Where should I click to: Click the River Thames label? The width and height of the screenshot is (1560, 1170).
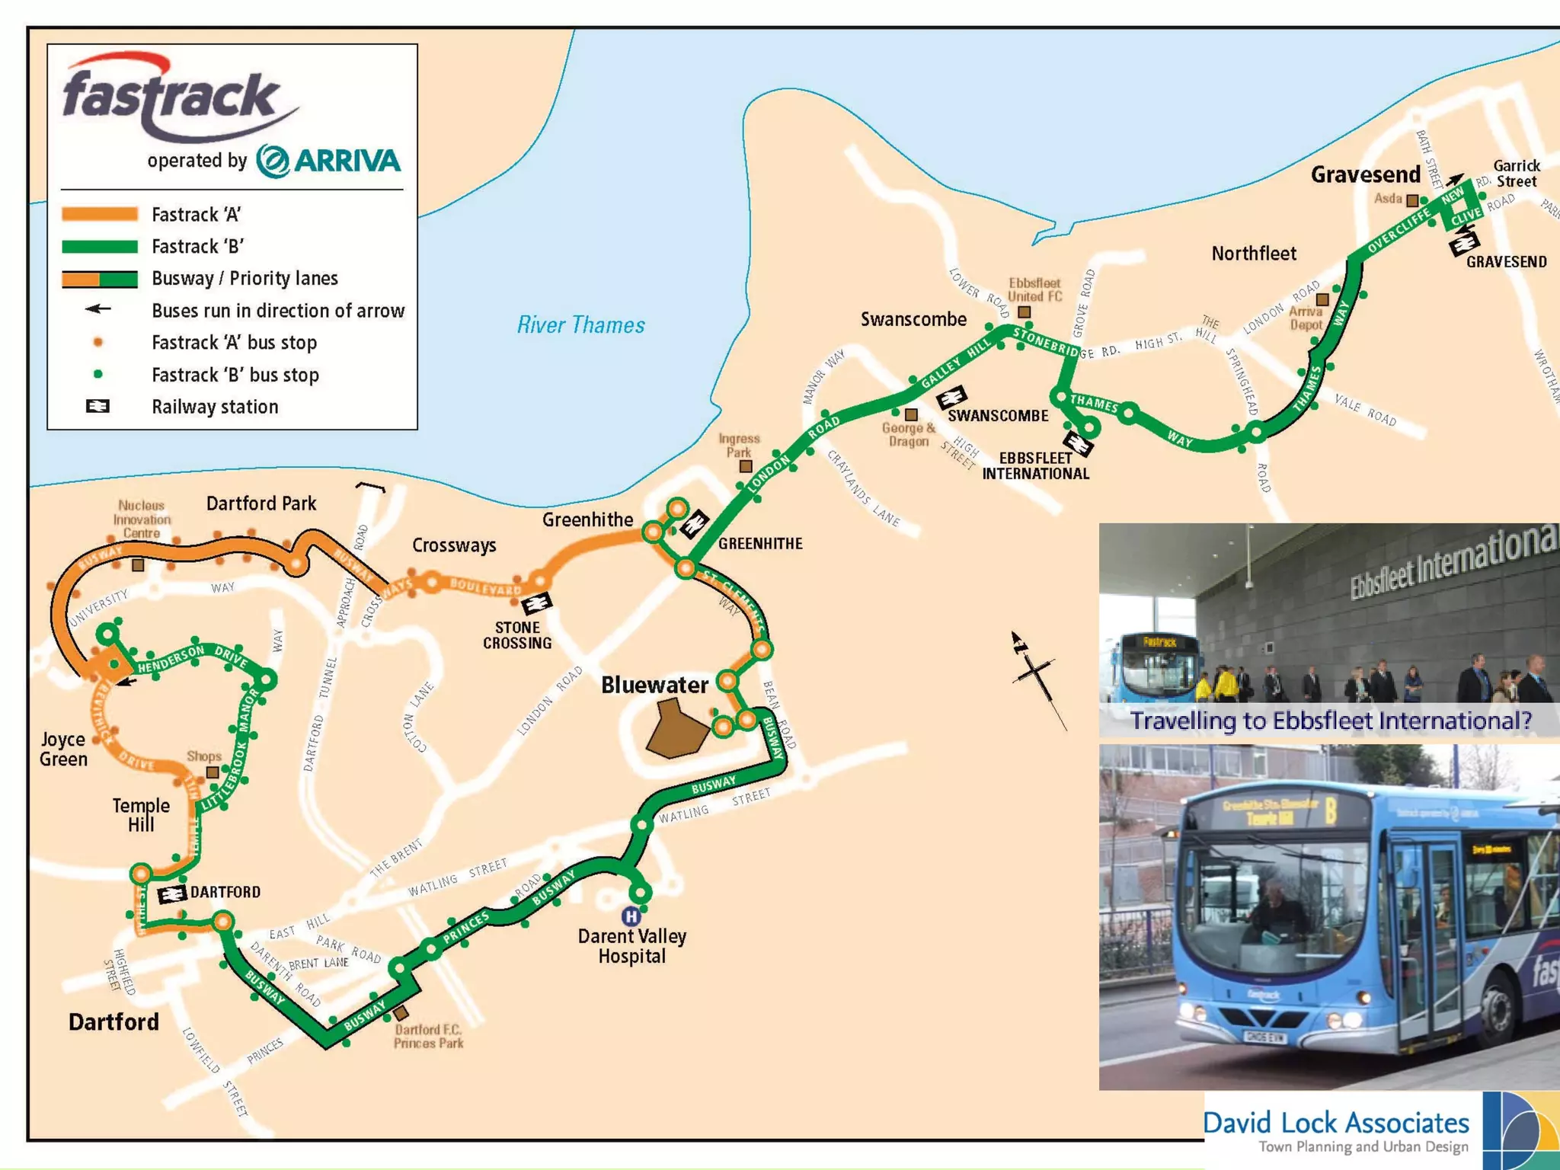[580, 325]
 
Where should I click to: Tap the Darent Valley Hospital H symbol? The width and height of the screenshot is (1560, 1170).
[631, 916]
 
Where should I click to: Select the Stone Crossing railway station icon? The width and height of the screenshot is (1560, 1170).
[537, 603]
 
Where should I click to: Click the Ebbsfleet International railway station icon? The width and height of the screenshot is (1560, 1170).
[1079, 443]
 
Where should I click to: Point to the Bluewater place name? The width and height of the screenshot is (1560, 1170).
[654, 685]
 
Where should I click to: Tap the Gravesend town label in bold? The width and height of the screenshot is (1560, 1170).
[1365, 175]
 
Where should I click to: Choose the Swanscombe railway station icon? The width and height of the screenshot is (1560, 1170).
[951, 397]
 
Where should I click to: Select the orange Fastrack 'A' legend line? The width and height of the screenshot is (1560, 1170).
[100, 215]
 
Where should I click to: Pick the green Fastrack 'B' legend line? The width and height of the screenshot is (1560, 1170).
[100, 247]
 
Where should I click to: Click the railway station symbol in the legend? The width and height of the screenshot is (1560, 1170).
[97, 407]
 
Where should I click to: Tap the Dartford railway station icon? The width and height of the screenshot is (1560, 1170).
[172, 893]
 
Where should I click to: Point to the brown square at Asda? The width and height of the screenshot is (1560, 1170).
[1412, 201]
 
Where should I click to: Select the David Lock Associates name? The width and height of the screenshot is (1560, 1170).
[1336, 1123]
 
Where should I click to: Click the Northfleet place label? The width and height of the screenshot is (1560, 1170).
[1254, 254]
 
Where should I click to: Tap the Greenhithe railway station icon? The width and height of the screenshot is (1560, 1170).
[694, 525]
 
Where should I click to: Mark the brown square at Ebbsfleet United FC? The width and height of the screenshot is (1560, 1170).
[1025, 312]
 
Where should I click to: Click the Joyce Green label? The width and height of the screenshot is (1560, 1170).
[64, 749]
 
